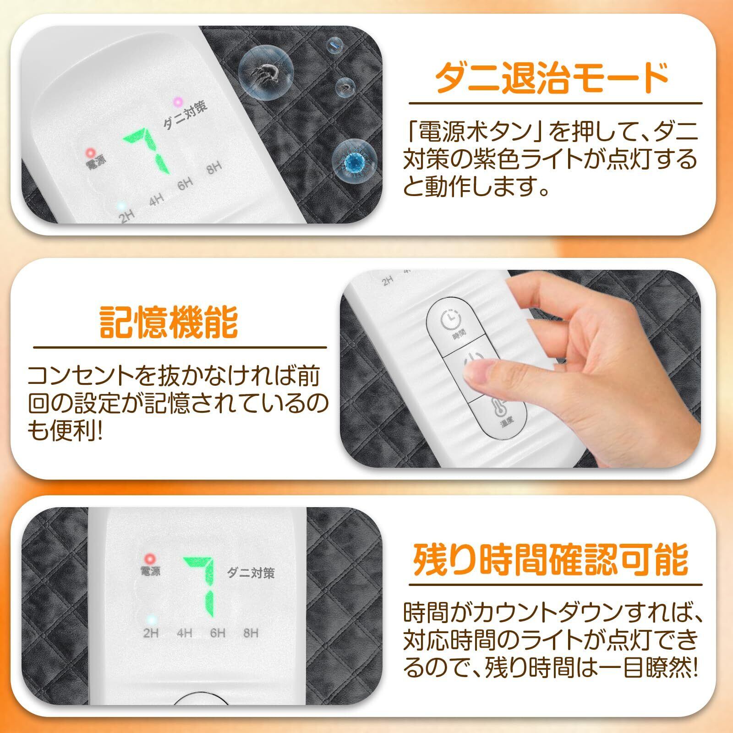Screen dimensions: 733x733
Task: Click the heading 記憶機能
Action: click(169, 323)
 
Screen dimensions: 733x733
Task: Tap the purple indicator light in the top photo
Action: click(176, 101)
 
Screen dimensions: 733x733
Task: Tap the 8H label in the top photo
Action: click(214, 168)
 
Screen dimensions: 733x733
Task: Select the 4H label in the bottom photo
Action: click(185, 633)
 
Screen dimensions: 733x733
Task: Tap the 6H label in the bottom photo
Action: click(218, 633)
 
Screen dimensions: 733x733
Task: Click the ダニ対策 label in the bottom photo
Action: click(251, 573)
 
